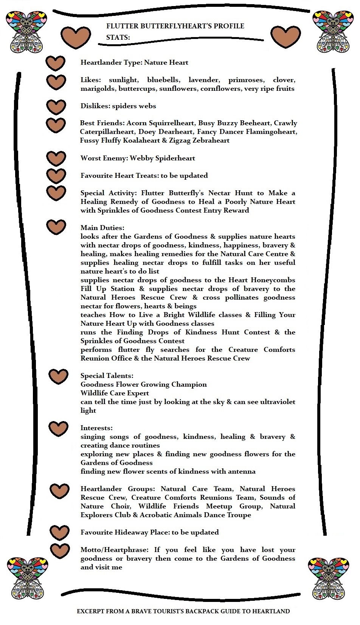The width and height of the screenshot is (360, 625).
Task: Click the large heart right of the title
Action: [285, 37]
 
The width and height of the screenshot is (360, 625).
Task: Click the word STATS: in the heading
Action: [118, 37]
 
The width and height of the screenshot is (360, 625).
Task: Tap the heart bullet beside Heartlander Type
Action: [56, 63]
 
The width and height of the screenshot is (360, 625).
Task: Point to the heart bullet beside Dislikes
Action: [56, 107]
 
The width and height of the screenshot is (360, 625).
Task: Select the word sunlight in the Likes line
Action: [123, 80]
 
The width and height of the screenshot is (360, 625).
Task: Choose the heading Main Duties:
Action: [102, 228]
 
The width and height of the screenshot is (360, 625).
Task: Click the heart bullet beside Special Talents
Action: [59, 376]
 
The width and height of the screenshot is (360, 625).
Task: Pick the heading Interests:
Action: [96, 428]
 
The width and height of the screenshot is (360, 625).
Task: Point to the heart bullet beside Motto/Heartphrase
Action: [60, 550]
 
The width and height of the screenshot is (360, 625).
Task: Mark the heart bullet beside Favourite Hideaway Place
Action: [60, 533]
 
